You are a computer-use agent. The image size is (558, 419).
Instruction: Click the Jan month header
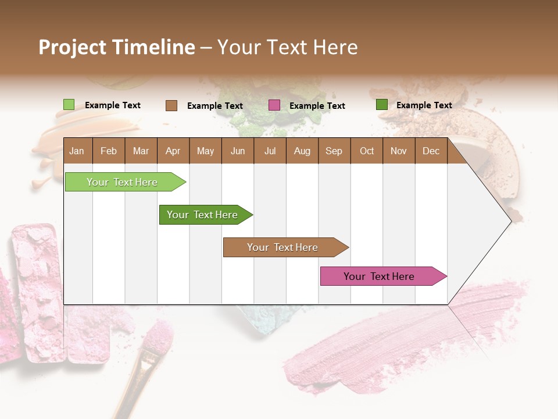coord(77,151)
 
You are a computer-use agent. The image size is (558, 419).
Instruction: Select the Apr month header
coord(173,151)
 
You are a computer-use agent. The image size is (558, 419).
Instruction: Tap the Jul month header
coord(270,151)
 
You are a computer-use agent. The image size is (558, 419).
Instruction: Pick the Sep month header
coord(334,151)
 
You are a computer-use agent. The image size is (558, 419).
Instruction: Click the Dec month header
coord(431,151)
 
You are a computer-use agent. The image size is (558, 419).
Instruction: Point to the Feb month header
coord(109,151)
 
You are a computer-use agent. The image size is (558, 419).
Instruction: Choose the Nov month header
coord(399,151)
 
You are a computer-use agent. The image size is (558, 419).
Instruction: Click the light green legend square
coord(69,105)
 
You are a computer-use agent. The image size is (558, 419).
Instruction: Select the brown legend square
coord(171,105)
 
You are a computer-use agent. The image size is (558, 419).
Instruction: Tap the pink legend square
coord(274,105)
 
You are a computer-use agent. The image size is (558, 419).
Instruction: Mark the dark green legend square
coord(382,105)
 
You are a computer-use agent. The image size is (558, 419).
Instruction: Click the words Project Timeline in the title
coord(117,47)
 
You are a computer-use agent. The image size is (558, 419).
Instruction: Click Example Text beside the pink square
coord(317,106)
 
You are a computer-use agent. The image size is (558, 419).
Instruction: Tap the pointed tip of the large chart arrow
coord(510,221)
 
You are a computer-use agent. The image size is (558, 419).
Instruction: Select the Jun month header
coord(238,151)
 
